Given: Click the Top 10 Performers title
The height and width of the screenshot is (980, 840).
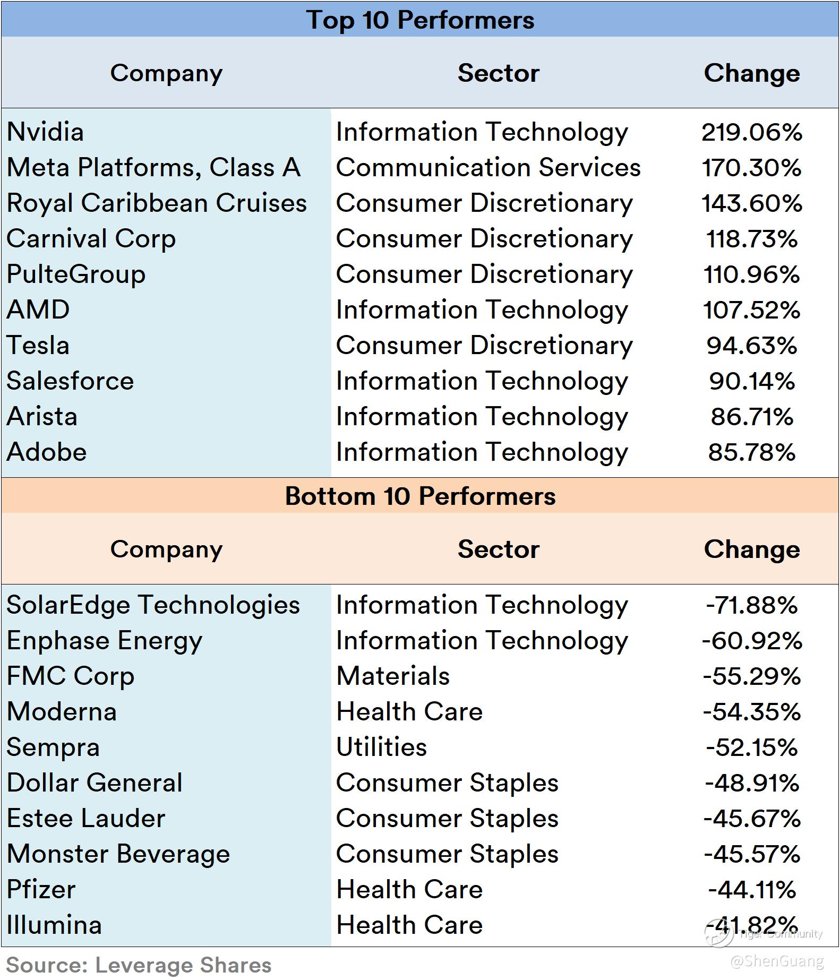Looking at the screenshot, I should coord(420,20).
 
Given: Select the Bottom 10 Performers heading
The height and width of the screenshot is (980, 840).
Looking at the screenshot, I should coord(420,496).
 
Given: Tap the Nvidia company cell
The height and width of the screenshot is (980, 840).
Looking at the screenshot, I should coord(46,132).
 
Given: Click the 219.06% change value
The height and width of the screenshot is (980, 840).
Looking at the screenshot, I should coord(751,132).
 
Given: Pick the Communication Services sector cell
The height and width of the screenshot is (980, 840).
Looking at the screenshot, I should coord(488,168).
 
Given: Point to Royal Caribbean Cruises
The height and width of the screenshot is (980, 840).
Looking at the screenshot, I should coord(157,203).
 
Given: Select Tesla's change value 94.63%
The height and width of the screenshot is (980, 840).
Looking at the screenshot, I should coord(751,346).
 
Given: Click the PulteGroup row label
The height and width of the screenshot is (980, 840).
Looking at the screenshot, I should coord(76,274).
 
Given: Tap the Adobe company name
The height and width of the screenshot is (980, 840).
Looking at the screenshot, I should coord(47,452).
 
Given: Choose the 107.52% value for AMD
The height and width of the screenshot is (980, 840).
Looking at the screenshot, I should coord(751,310).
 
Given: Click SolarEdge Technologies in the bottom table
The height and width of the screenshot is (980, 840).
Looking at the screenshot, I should coord(153,605).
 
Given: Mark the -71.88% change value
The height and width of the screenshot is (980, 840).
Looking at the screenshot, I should coord(751,605).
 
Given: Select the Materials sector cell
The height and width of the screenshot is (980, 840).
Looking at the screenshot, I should coord(393,676).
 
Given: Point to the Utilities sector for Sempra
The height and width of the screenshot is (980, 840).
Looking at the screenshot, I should coord(381,747).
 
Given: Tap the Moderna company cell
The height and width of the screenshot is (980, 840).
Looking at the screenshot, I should coord(62,712).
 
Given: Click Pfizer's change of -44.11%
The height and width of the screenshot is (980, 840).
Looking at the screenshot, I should coord(751,890).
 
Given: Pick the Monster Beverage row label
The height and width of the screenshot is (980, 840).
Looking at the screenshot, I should coord(118,854).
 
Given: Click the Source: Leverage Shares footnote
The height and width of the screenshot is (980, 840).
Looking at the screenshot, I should coord(139,965).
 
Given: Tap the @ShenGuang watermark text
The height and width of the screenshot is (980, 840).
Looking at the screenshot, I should coord(777,961).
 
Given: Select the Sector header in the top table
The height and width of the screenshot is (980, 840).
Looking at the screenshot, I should coord(498,73).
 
